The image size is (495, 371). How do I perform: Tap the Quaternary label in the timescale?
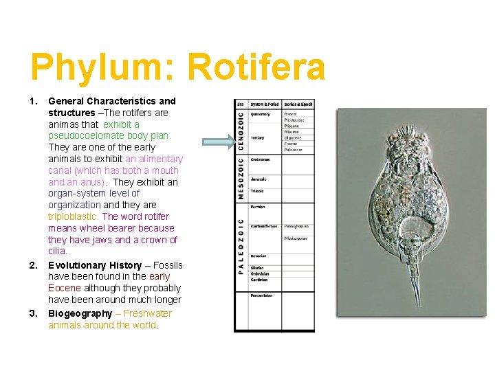point(261,114)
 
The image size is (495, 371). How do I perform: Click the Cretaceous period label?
point(260,159)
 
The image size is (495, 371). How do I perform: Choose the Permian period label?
point(258,207)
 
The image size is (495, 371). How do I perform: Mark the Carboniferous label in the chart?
point(264,225)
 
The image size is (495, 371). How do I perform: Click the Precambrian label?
point(261,295)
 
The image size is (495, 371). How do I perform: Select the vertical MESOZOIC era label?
point(241,177)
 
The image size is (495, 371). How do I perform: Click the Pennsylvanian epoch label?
point(298,225)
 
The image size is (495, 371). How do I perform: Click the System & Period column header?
point(265,104)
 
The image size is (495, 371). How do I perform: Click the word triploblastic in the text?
point(74,216)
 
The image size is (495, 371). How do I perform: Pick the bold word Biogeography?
point(80,313)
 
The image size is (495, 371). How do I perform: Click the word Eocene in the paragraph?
point(65,288)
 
